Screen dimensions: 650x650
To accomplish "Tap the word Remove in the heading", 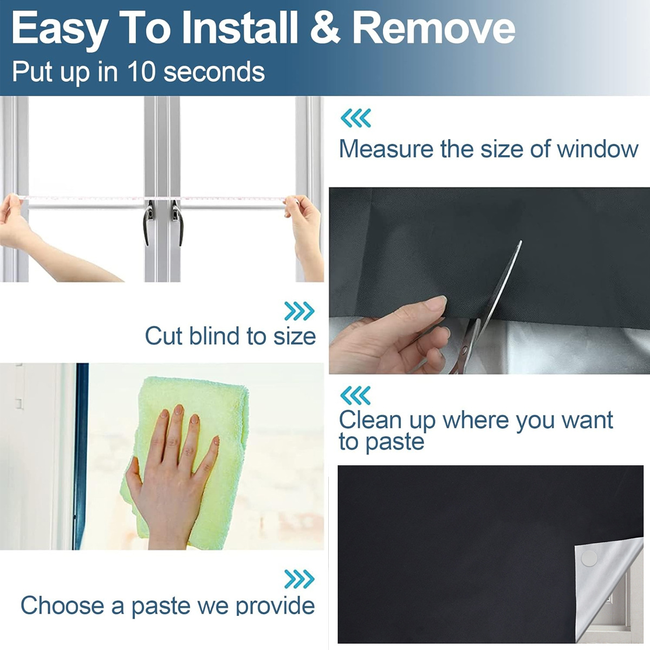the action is pos(434,28).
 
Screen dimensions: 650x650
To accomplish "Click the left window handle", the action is pos(149,223).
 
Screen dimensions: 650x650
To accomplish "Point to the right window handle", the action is pos(178,223).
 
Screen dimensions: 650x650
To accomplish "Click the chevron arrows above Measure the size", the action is pos(355,118).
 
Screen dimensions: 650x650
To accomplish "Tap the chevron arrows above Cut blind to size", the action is pos(300,311).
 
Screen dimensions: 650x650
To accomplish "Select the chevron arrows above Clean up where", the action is pos(355,395).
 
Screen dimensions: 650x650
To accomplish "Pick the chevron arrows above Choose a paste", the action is pos(300,579).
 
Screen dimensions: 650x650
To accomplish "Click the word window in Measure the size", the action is pos(597,149).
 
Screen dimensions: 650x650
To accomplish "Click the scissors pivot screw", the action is pos(465,350).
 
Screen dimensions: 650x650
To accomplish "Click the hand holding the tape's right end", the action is pos(303,233).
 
